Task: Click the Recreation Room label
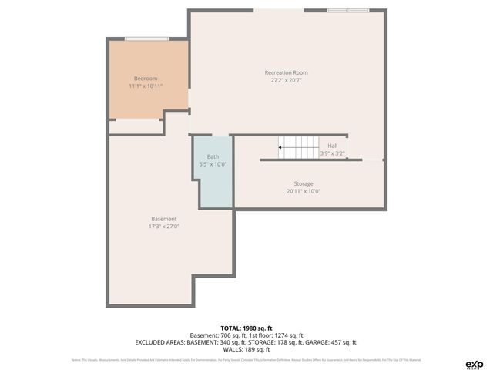point(291,72)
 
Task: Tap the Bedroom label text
point(146,79)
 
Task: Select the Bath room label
point(213,156)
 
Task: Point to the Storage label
point(303,183)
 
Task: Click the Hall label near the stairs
point(332,146)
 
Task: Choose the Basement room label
point(163,219)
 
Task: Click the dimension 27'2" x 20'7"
point(291,80)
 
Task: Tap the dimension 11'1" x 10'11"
point(146,86)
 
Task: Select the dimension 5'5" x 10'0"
point(213,164)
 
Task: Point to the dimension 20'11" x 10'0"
point(303,191)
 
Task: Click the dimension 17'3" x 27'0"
point(163,227)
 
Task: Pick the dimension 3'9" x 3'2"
point(332,153)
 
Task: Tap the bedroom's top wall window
point(147,39)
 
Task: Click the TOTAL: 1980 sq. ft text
point(246,328)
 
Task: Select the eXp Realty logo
point(475,363)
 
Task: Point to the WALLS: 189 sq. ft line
point(246,349)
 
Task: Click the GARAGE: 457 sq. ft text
point(330,342)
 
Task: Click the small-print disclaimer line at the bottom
point(246,360)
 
